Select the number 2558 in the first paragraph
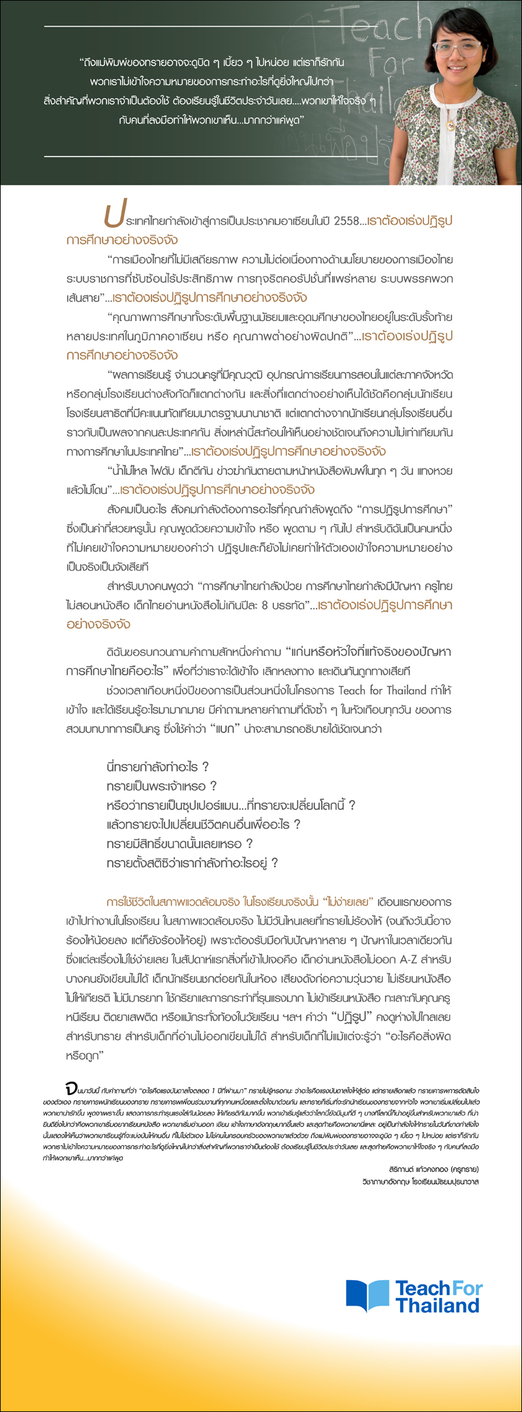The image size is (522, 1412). click(x=345, y=221)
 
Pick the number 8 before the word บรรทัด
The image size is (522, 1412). click(x=264, y=605)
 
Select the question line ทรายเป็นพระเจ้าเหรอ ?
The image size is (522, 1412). click(x=161, y=786)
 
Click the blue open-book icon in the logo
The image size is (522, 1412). click(x=367, y=1295)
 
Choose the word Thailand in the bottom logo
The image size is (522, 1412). click(x=437, y=1305)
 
